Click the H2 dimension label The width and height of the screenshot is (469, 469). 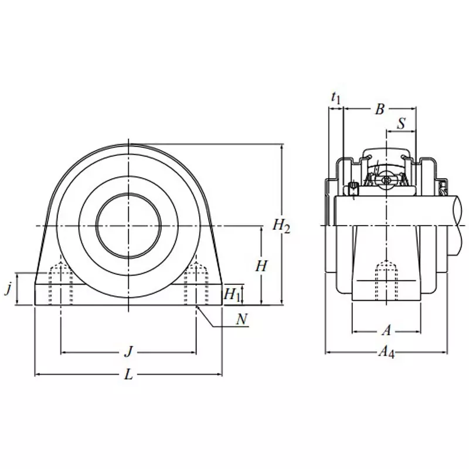pos(282,225)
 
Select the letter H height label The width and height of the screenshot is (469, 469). pos(261,266)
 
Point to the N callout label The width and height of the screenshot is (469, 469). pos(241,320)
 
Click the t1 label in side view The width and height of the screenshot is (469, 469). pos(335,97)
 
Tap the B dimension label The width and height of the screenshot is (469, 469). pos(380,108)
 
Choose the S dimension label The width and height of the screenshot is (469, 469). pos(401,124)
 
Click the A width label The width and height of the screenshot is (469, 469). pos(386,331)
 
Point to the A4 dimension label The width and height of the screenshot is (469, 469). pos(386,352)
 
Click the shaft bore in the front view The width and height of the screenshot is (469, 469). pos(128,226)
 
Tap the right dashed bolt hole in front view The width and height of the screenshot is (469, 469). pos(195,284)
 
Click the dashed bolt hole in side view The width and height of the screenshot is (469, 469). pos(386,279)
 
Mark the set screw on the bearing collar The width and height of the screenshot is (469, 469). pos(354,190)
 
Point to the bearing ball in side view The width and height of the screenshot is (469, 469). pos(386,179)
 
